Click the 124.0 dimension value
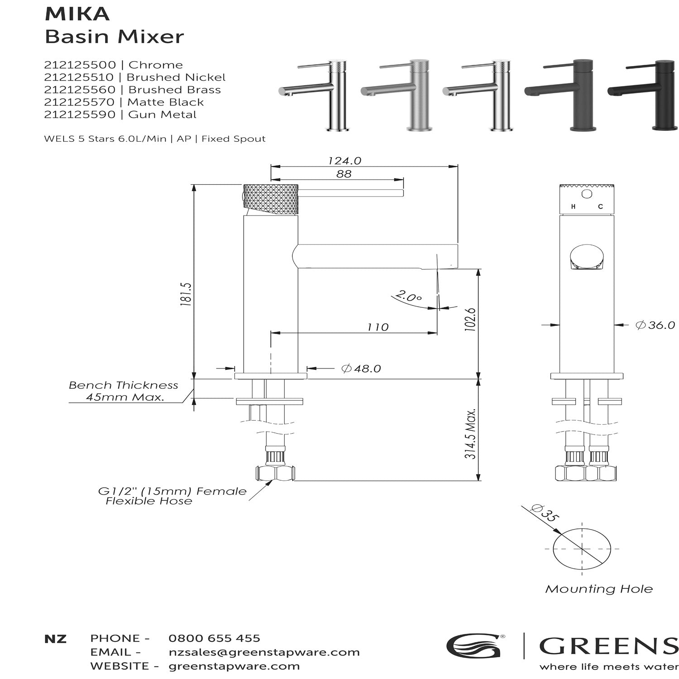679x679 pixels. (x=344, y=161)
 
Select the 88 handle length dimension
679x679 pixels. (x=344, y=174)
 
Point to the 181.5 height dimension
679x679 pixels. (x=186, y=295)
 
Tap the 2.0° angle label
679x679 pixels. (x=408, y=297)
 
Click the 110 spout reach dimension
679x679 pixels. (x=378, y=327)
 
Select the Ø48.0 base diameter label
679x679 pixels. (x=361, y=368)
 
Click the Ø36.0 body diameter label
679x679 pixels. (x=655, y=325)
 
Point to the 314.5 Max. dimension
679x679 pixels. (x=471, y=434)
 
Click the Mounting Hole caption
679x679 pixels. (x=599, y=589)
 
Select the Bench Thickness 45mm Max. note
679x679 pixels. (x=124, y=391)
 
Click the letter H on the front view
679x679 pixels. (x=573, y=207)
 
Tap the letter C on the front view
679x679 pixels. (x=600, y=207)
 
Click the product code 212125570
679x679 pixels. (x=80, y=102)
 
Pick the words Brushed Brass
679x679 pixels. (x=175, y=90)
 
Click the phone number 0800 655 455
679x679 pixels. (x=214, y=638)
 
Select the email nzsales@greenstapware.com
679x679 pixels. (x=264, y=652)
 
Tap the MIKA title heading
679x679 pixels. (x=77, y=14)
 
